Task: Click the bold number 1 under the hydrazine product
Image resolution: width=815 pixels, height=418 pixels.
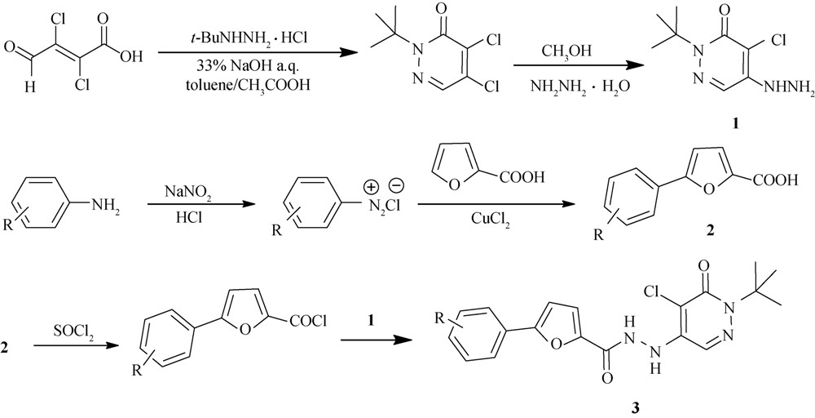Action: (734, 126)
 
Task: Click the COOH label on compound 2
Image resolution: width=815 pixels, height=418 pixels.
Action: (775, 182)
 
